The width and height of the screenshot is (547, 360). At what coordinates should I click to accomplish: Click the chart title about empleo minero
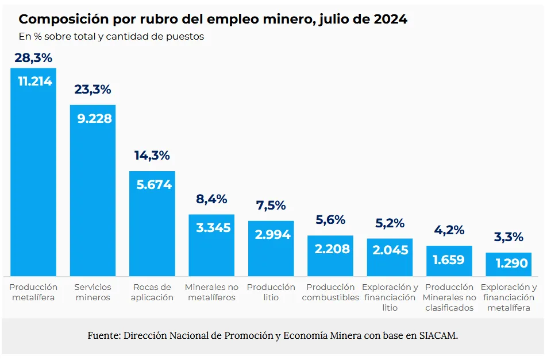tap(213, 19)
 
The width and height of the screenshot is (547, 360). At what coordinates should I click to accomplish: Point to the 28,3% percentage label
tap(33, 58)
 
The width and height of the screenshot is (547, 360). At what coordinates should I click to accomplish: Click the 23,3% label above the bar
tap(93, 90)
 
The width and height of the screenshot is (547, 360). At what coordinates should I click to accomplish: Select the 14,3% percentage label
tap(152, 156)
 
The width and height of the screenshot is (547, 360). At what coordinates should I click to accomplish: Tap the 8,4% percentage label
tap(211, 199)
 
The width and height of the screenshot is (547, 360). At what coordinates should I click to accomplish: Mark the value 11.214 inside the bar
tap(35, 81)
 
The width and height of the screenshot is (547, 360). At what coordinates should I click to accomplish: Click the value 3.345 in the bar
tap(213, 227)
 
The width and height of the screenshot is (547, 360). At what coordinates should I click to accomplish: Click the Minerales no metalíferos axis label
tap(211, 292)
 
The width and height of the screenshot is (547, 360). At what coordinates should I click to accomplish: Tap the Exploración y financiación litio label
tap(390, 297)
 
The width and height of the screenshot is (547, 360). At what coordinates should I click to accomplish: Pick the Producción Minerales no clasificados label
tap(449, 297)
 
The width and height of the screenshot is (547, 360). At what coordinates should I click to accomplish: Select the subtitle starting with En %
tap(111, 37)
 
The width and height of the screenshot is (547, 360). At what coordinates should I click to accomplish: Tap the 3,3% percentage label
tap(509, 237)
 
